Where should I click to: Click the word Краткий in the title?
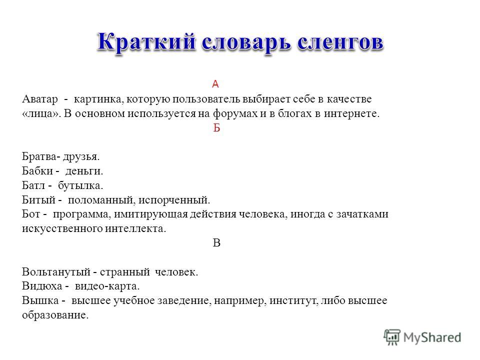146,42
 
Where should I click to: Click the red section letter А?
215,84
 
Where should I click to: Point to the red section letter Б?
216,128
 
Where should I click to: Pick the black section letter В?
216,243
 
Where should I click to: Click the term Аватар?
40,99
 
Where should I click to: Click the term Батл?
33,185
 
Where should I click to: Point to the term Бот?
31,214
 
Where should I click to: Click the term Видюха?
42,286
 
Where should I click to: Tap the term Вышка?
40,300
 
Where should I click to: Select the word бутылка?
80,185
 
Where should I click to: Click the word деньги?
84,171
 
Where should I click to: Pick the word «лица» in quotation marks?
41,114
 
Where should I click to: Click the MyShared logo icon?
392,337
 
